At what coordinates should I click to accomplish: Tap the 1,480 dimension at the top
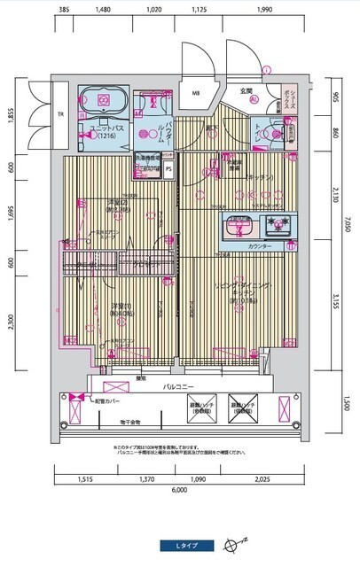click(x=100, y=10)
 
